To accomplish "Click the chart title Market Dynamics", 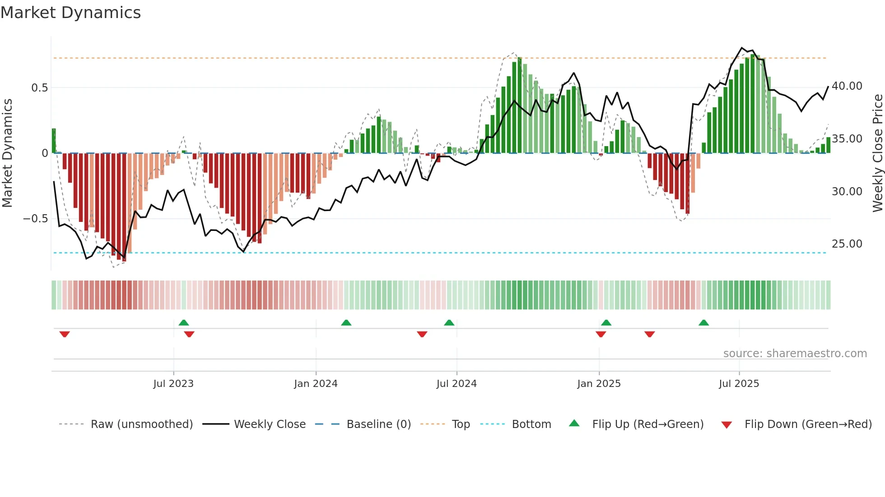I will pyautogui.click(x=70, y=13).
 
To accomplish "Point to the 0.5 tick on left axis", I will pyautogui.click(x=39, y=87).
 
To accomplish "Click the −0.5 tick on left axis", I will pyautogui.click(x=36, y=219).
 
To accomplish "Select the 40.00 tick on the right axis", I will pyautogui.click(x=847, y=86).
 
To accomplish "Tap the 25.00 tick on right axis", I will pyautogui.click(x=847, y=244).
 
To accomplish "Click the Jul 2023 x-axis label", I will pyautogui.click(x=173, y=384).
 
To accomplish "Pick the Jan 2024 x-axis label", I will pyautogui.click(x=316, y=384).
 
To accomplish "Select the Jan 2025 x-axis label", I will pyautogui.click(x=599, y=384).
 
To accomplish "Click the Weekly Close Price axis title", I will pyautogui.click(x=877, y=153).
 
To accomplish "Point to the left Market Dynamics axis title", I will pyautogui.click(x=7, y=153).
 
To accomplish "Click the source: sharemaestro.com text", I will pyautogui.click(x=795, y=353).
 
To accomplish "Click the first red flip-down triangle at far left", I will pyautogui.click(x=65, y=334).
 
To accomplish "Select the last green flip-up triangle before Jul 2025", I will pyautogui.click(x=703, y=322).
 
